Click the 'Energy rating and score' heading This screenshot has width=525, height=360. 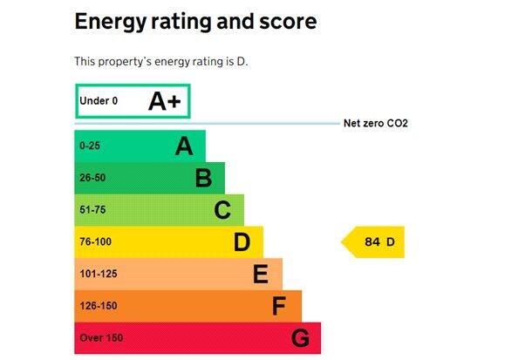pyautogui.click(x=195, y=22)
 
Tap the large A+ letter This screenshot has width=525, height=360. pyautogui.click(x=164, y=101)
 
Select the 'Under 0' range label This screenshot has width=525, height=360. pyautogui.click(x=99, y=101)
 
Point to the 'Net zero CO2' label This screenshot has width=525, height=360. pyautogui.click(x=376, y=124)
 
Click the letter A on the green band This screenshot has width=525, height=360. pyautogui.click(x=184, y=146)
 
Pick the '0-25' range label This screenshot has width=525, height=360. pyautogui.click(x=91, y=146)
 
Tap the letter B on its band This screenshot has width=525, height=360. pyautogui.click(x=203, y=179)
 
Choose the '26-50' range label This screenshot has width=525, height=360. pyautogui.click(x=93, y=179)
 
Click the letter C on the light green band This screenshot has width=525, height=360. pyautogui.click(x=222, y=210)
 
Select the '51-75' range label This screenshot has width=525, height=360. pyautogui.click(x=93, y=210)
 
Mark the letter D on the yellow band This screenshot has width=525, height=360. pyautogui.click(x=242, y=242)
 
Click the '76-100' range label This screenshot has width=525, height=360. pyautogui.click(x=96, y=242)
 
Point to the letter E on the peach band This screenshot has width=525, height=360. pyautogui.click(x=261, y=275)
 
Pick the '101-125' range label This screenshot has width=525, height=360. pyautogui.click(x=99, y=275)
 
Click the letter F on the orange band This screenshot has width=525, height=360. pyautogui.click(x=279, y=307)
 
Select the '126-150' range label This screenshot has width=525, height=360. pyautogui.click(x=99, y=307)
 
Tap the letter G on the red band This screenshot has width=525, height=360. pyautogui.click(x=300, y=338)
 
